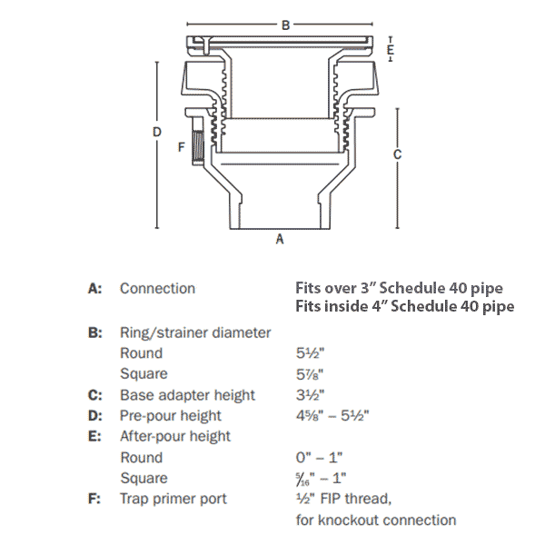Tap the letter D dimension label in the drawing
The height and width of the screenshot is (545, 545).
(x=157, y=133)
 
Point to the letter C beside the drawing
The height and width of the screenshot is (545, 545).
(x=397, y=154)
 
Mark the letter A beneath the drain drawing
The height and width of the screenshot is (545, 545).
(x=280, y=240)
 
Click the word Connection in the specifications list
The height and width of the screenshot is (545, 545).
(x=157, y=289)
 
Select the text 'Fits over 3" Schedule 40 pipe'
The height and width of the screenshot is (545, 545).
(x=399, y=289)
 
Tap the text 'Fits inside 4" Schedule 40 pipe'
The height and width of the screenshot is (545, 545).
(x=404, y=306)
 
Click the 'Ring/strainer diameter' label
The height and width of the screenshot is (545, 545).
(x=195, y=332)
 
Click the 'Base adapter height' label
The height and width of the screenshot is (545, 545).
(x=187, y=395)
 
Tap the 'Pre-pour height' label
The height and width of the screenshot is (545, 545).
(x=170, y=416)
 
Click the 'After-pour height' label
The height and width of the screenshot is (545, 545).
(x=175, y=436)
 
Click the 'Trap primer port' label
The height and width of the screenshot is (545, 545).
(x=173, y=499)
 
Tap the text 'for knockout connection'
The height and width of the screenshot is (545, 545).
(x=375, y=520)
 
